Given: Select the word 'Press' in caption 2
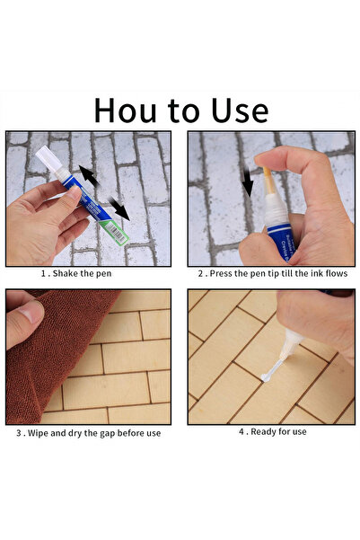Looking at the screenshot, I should (222, 272).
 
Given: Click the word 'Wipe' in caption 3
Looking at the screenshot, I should (41, 432).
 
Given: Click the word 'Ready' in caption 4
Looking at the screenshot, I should (263, 432).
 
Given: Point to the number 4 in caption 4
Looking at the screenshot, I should (241, 432).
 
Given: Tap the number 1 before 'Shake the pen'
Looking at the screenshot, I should (42, 272).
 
